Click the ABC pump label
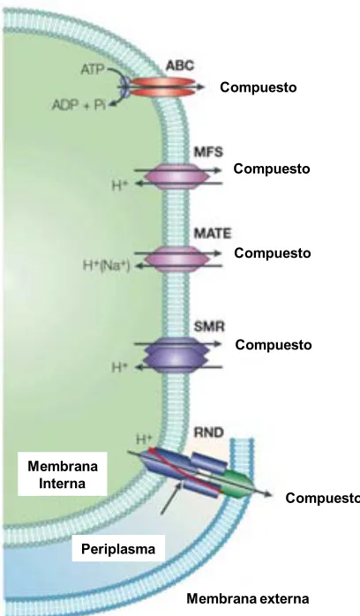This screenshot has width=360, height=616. [x=180, y=65]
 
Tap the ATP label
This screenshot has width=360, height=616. [x=93, y=70]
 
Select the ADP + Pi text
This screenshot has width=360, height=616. [x=79, y=105]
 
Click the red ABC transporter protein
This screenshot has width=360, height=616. [x=162, y=86]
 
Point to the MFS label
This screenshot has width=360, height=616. [x=208, y=152]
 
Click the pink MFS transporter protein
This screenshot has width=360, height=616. [x=176, y=177]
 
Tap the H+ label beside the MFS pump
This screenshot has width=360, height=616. [x=120, y=184]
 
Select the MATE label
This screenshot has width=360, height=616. [x=213, y=233]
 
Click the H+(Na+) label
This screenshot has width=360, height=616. [x=106, y=266]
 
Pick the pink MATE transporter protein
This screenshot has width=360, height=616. [x=176, y=259]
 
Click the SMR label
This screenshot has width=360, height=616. [x=209, y=327]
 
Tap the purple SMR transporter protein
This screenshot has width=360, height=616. [x=176, y=355]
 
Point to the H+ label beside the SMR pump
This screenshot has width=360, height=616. [x=120, y=367]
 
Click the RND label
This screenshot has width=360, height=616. [x=209, y=432]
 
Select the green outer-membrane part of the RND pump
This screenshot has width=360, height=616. [x=236, y=484]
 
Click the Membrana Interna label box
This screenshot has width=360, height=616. [x=62, y=474]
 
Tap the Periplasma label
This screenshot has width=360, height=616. [x=118, y=548]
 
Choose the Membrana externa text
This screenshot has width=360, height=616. [x=248, y=598]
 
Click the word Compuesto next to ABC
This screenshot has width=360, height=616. [x=259, y=87]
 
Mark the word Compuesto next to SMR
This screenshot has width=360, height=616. [x=274, y=345]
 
